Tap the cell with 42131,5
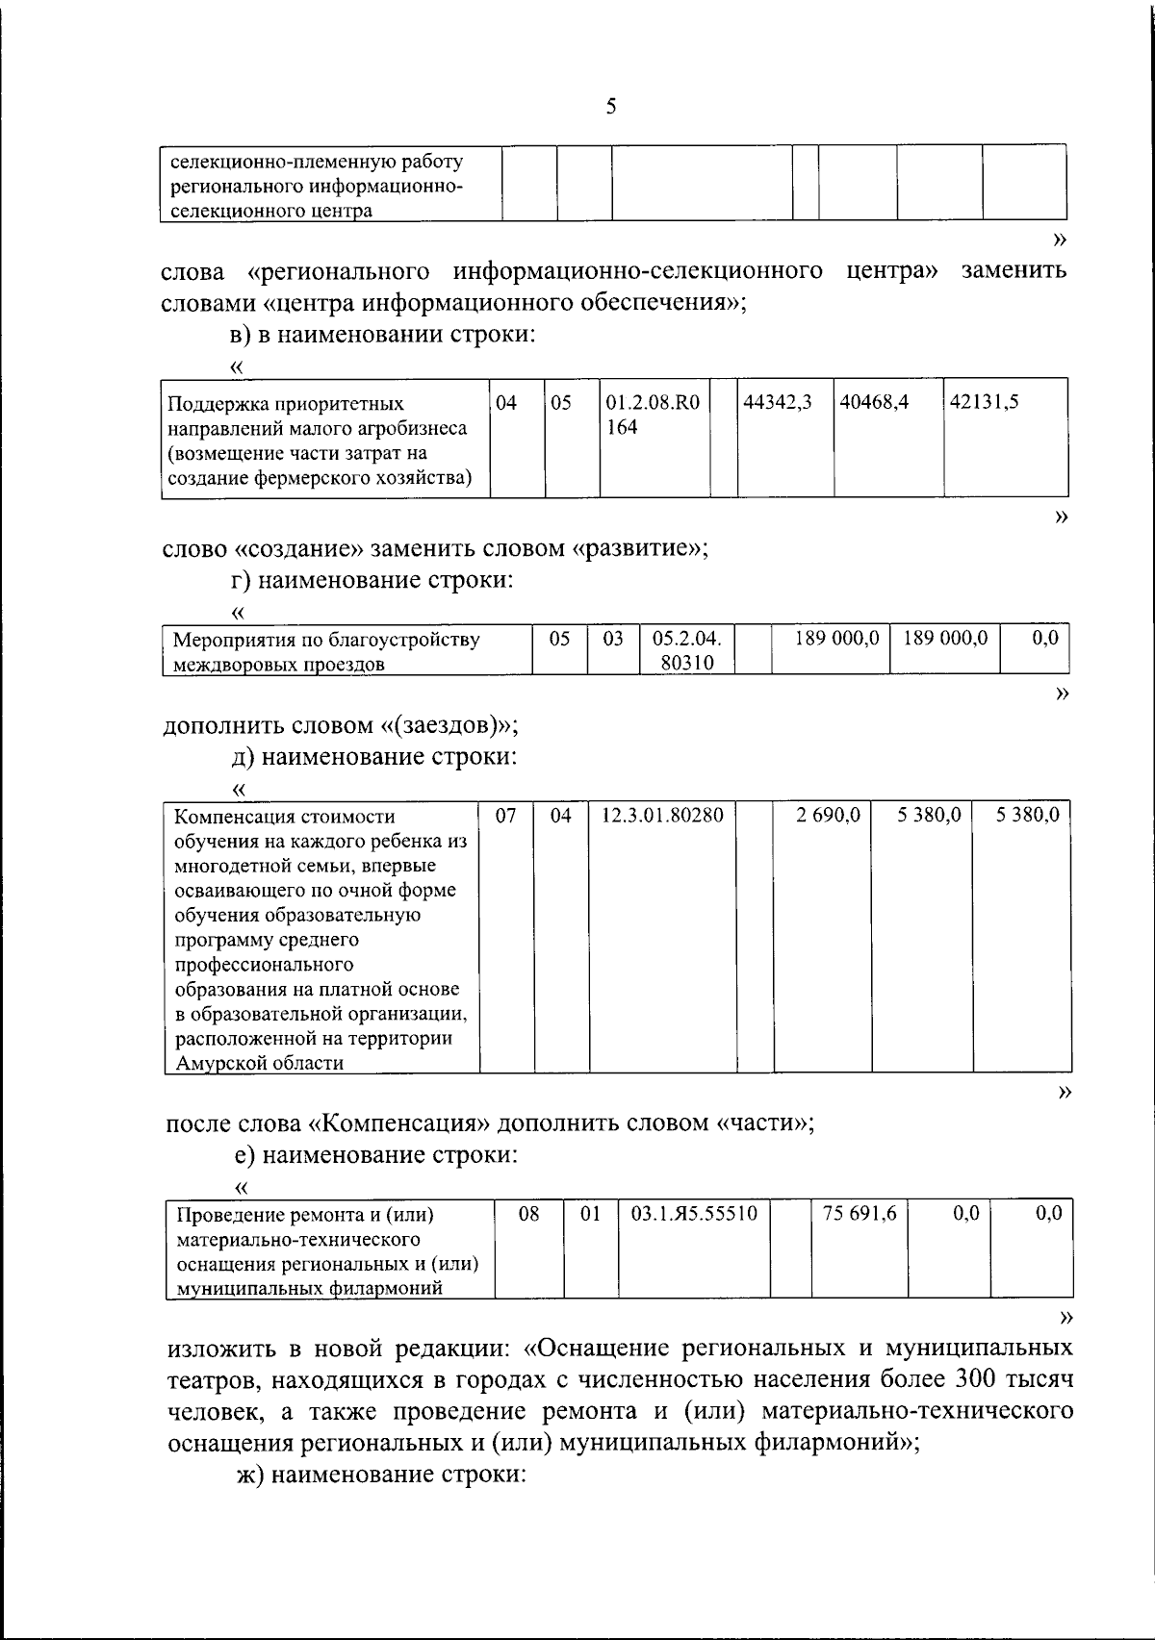point(985,403)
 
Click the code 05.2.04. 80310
point(686,650)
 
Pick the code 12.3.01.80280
point(662,816)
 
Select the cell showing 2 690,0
point(828,816)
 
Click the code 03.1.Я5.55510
point(694,1214)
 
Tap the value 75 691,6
point(859,1214)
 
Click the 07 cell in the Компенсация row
point(506,816)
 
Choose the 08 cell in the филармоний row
point(528,1214)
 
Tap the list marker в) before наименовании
point(241,335)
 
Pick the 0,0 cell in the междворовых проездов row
point(1044,638)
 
